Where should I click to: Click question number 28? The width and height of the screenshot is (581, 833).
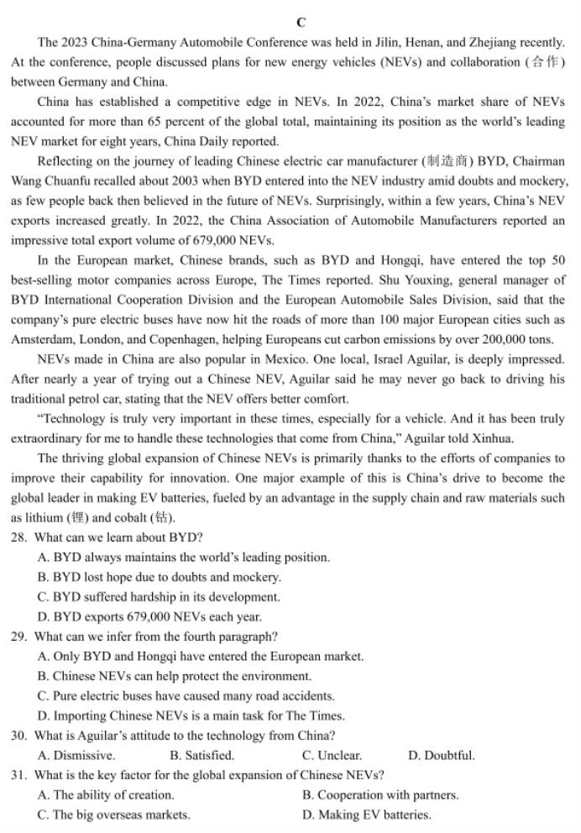(x=19, y=537)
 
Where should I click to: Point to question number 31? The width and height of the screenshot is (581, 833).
(x=19, y=775)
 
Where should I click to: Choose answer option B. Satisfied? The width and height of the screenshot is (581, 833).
(x=202, y=756)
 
